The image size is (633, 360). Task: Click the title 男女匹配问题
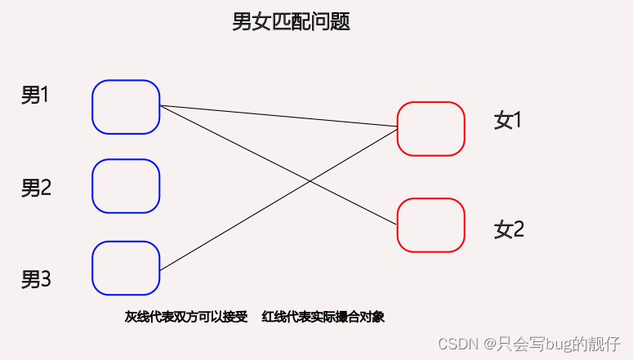pyautogui.click(x=291, y=22)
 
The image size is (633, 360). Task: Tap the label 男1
pyautogui.click(x=35, y=96)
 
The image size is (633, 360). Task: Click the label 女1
pyautogui.click(x=507, y=121)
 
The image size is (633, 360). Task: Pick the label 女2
pyautogui.click(x=508, y=229)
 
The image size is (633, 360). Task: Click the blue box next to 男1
pyautogui.click(x=126, y=107)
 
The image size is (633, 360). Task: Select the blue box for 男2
pyautogui.click(x=126, y=186)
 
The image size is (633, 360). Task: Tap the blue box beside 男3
pyautogui.click(x=126, y=268)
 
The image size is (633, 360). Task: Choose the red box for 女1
pyautogui.click(x=430, y=128)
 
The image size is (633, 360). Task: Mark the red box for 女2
pyautogui.click(x=430, y=224)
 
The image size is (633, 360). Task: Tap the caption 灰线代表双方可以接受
pyautogui.click(x=186, y=318)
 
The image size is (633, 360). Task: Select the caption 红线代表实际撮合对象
pyautogui.click(x=323, y=318)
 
